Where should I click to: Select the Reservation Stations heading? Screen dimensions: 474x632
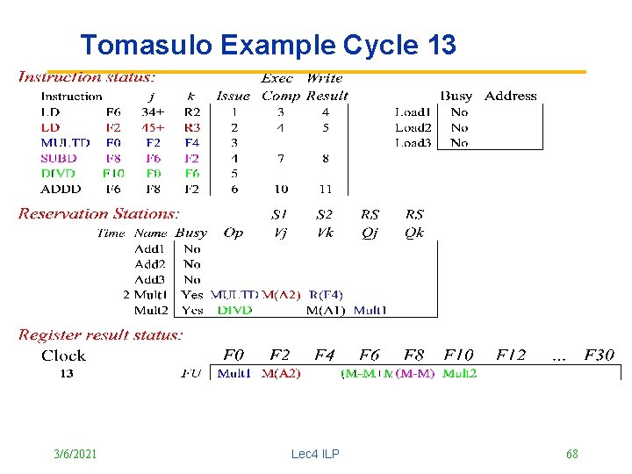click(x=99, y=213)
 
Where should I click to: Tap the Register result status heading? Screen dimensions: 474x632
click(x=101, y=334)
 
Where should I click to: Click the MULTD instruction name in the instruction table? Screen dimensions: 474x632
click(x=65, y=142)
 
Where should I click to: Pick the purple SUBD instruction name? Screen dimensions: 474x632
click(x=59, y=158)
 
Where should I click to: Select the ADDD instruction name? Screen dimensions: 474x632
click(x=61, y=189)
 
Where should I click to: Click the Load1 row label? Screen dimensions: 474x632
click(x=413, y=111)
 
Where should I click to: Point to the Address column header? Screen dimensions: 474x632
click(x=510, y=96)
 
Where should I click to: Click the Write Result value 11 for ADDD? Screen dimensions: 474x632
click(x=325, y=189)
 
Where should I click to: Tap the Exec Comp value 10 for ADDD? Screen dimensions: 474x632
click(x=280, y=189)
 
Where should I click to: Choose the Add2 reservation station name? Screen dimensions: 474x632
click(x=150, y=263)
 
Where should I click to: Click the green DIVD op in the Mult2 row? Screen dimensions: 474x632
click(x=235, y=310)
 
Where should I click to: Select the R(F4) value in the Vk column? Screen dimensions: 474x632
click(x=326, y=295)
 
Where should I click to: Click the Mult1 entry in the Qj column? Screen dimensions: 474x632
click(x=370, y=310)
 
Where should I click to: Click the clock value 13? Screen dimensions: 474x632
click(x=67, y=373)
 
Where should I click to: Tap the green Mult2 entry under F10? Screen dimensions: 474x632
click(x=460, y=373)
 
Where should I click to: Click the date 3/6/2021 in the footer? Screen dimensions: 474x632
click(x=75, y=454)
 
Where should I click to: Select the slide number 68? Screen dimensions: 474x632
click(x=571, y=454)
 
